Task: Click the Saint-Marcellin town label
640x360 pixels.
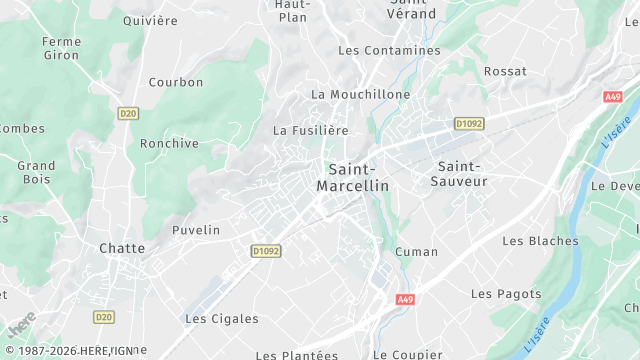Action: pos(352,177)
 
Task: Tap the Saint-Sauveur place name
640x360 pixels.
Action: pos(459,173)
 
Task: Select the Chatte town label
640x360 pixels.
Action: pos(122,248)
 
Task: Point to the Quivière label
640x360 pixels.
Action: pos(150,20)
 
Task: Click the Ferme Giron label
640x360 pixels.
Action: pos(61,48)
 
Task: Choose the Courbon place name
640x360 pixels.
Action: pos(176,82)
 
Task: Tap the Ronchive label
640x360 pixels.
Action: pos(169,143)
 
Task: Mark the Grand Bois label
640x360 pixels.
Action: pos(36,172)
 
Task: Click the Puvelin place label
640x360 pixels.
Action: pos(196,230)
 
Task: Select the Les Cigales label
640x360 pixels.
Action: pos(222,319)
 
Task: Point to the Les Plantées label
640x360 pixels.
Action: pos(297,354)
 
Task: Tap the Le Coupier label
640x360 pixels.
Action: pos(407,354)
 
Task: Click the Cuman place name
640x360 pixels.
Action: pos(417,251)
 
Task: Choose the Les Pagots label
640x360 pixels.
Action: pos(506,294)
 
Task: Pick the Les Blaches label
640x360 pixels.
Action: pos(540,241)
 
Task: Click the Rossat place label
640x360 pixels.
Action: pos(505,71)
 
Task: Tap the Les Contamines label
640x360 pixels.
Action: pos(389,50)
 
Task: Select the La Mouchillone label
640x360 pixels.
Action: pos(361,94)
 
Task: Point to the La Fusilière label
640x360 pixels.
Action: pos(311,130)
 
